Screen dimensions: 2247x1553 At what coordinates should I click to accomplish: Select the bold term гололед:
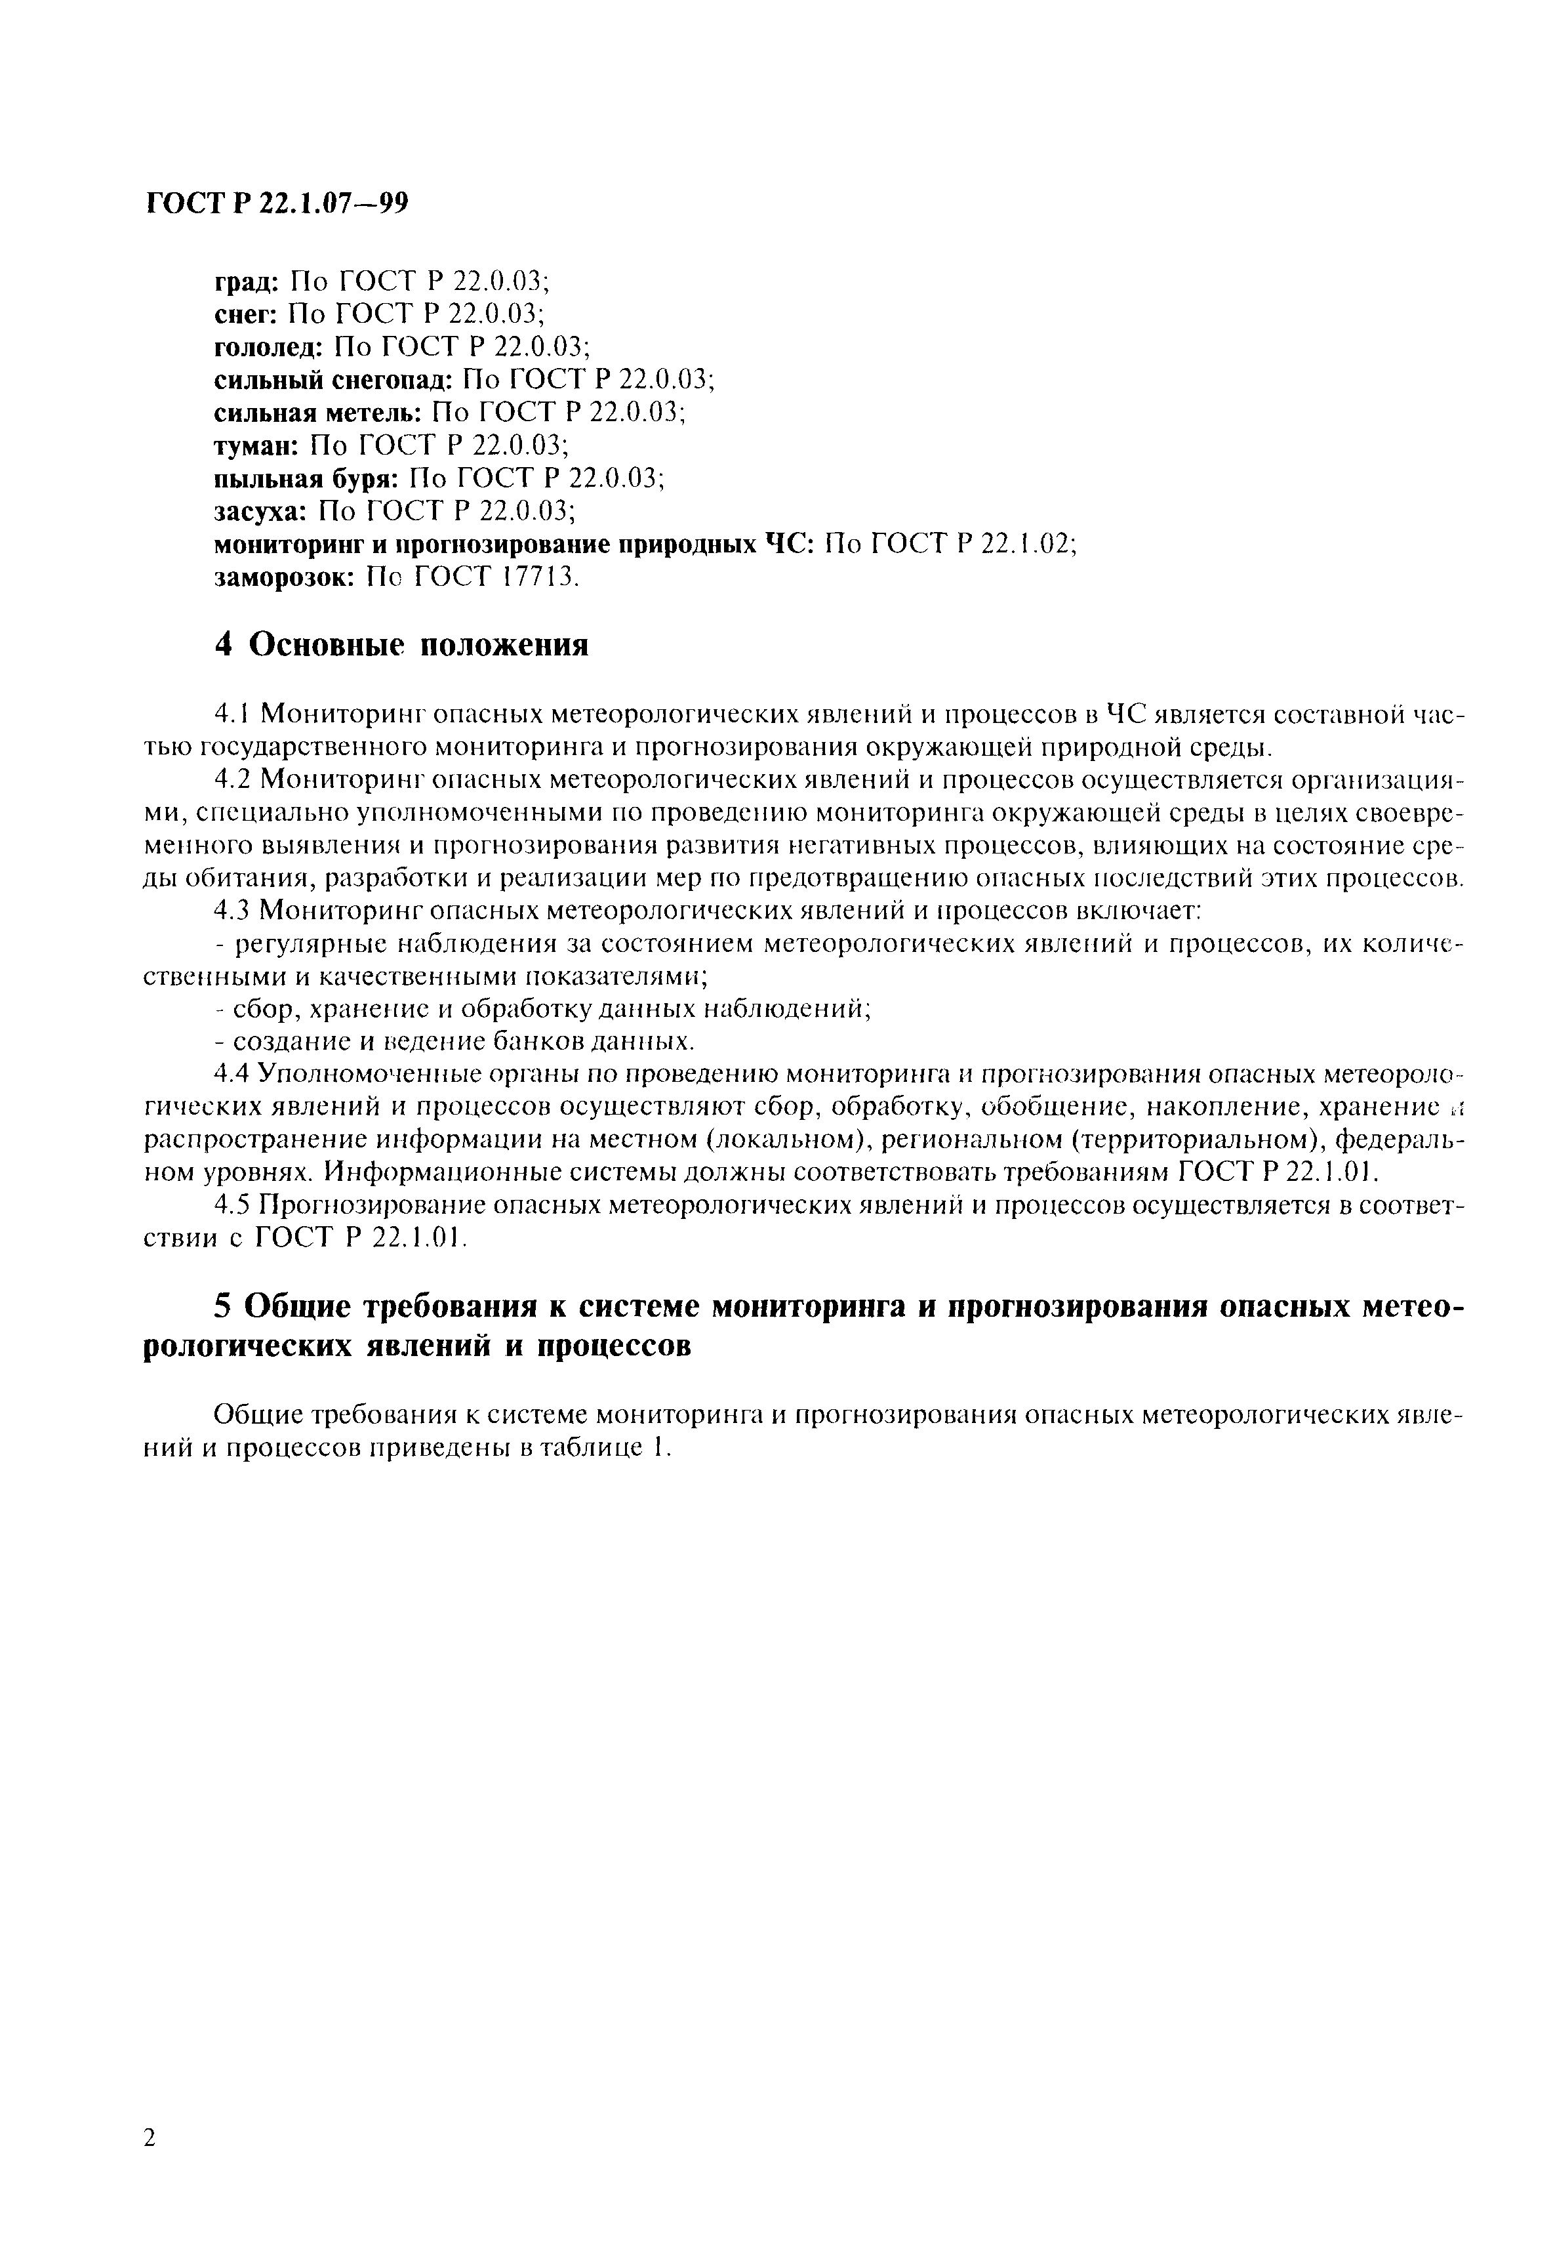coord(268,348)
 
